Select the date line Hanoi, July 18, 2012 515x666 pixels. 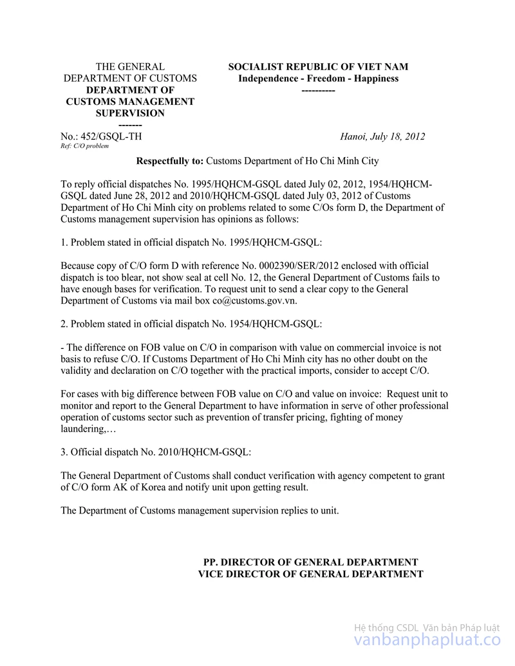[382, 136]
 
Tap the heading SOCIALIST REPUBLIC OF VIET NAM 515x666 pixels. [318, 67]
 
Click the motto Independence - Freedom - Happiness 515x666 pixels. [318, 79]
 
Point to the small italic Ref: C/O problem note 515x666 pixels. [84, 146]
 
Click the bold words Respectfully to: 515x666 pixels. [170, 161]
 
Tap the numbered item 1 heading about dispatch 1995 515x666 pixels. [191, 242]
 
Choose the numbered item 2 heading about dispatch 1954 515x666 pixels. [191, 324]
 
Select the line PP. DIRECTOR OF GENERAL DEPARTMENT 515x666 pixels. [310, 562]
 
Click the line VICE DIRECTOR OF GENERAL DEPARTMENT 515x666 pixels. [310, 573]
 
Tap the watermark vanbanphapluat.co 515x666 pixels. [427, 640]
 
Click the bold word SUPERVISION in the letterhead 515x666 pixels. [130, 113]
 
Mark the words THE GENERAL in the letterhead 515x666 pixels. [130, 67]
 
